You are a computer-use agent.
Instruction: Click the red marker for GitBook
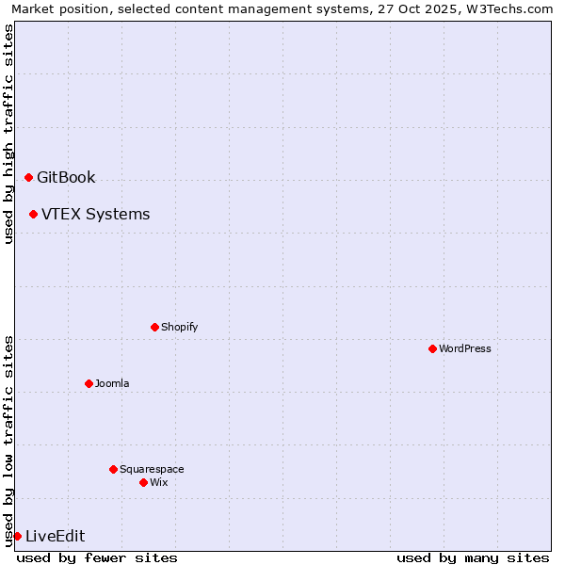tap(28, 177)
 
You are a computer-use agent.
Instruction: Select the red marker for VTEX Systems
tap(33, 214)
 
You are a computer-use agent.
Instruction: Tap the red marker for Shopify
tap(154, 327)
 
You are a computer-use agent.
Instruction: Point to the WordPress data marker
tap(432, 348)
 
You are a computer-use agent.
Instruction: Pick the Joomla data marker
tap(89, 383)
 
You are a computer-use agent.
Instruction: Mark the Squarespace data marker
tap(113, 469)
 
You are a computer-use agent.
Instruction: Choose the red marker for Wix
tap(143, 482)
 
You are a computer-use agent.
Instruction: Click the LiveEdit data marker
tap(17, 536)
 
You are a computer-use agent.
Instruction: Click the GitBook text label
tap(66, 177)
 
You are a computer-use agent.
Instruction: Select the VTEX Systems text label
tap(95, 214)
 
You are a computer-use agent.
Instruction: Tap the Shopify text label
tap(179, 327)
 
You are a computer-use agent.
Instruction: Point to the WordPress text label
tap(464, 348)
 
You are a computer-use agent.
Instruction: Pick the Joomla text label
tap(112, 383)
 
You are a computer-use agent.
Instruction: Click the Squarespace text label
tap(152, 469)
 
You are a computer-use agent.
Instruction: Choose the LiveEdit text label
tap(55, 536)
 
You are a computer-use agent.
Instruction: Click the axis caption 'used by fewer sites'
tap(97, 557)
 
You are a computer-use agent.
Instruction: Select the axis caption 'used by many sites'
tap(473, 557)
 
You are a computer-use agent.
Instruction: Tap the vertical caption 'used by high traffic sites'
tap(8, 134)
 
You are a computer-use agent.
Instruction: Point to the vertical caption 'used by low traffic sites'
tap(8, 440)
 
